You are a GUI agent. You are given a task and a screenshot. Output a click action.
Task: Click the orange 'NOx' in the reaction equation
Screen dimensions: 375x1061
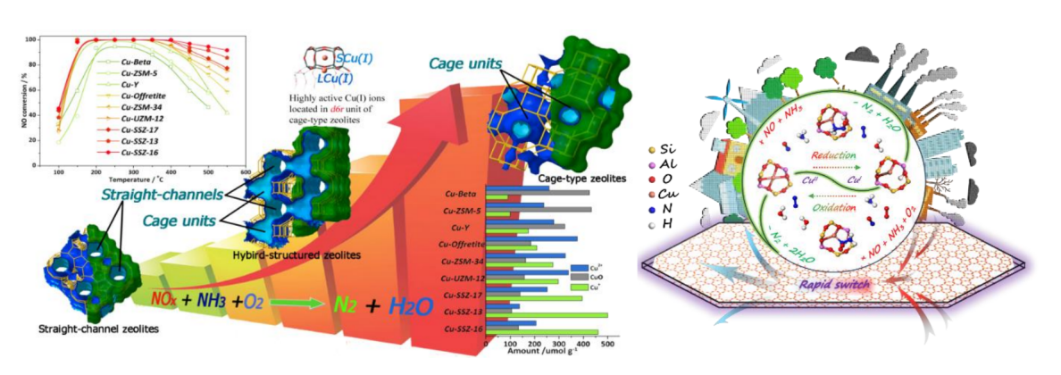pyautogui.click(x=168, y=298)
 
